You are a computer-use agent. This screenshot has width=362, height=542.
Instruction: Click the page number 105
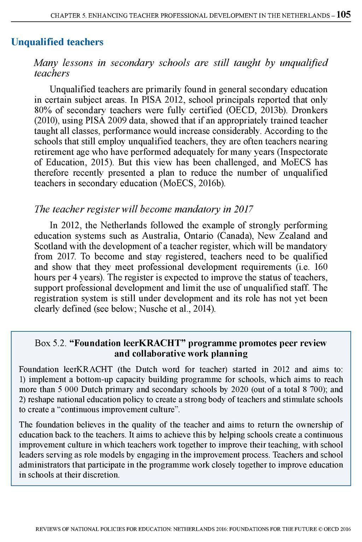point(343,14)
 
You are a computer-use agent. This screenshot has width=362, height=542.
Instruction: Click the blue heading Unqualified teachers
point(57,42)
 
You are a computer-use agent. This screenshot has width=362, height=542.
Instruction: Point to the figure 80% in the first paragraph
point(42,110)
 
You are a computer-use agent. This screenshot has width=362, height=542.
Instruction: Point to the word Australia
point(159,236)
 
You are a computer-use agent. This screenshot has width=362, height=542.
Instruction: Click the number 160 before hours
point(321,267)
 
